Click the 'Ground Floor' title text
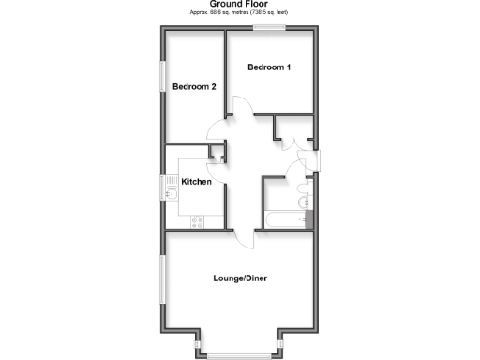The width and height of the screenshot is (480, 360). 240,5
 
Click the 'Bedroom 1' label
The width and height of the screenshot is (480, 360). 269,67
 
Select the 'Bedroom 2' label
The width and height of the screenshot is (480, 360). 195,87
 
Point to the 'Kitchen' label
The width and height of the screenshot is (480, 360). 195,182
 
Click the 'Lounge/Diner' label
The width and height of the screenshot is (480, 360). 239,277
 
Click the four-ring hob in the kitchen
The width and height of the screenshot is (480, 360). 197,221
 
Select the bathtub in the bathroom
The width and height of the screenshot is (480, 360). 285,219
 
